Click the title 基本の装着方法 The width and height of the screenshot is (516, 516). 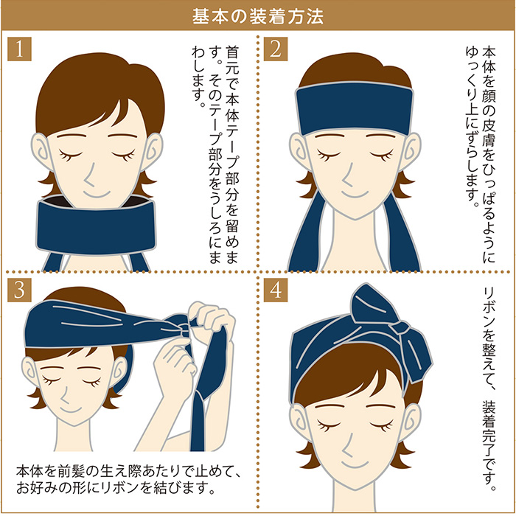tap(258, 16)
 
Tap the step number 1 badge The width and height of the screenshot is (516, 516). tap(19, 49)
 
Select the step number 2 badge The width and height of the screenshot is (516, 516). tap(276, 49)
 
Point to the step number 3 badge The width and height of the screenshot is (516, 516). tap(19, 290)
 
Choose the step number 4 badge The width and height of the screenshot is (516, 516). tap(276, 290)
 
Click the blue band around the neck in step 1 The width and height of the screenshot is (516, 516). tap(95, 227)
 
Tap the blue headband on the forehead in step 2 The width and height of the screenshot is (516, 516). tap(355, 108)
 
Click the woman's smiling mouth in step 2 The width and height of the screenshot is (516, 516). tap(355, 195)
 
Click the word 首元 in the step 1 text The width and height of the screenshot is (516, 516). tap(232, 60)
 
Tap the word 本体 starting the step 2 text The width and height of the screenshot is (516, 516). tap(489, 60)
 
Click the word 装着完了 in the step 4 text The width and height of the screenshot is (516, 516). tap(489, 428)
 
